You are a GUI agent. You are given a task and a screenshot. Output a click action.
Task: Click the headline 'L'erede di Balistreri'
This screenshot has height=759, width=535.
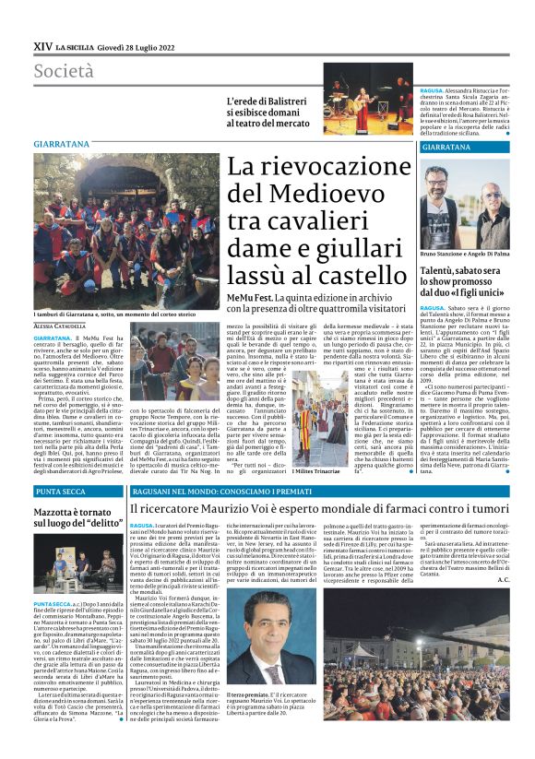point(267,106)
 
